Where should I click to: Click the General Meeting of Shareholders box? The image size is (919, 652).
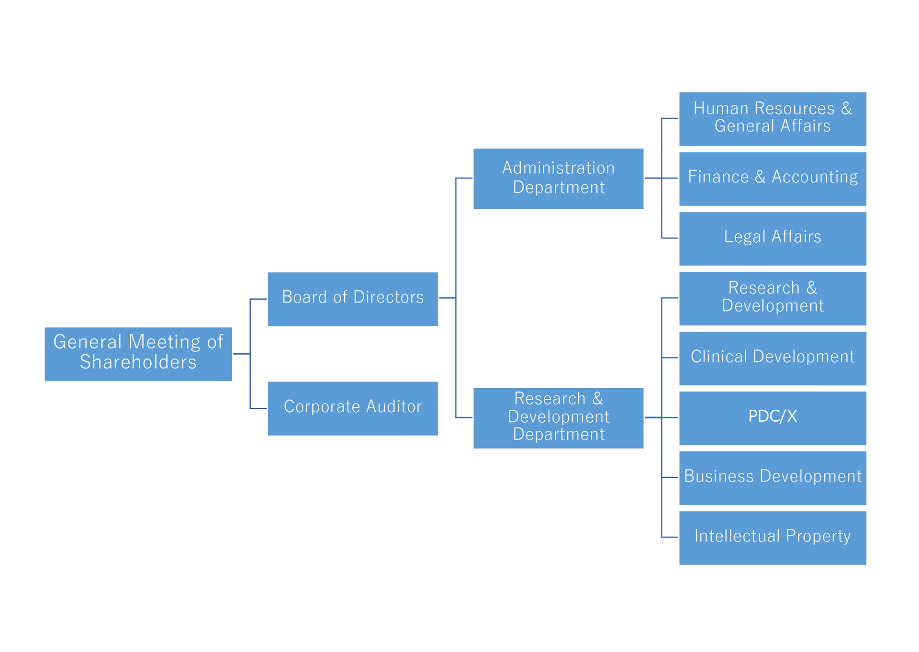pyautogui.click(x=138, y=354)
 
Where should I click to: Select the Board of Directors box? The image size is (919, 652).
pyautogui.click(x=353, y=299)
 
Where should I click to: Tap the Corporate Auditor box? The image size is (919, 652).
pyautogui.click(x=353, y=408)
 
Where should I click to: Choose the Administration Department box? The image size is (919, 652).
pyautogui.click(x=558, y=179)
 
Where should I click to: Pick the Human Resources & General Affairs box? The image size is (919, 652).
pyautogui.click(x=773, y=119)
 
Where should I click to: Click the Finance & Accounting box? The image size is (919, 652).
pyautogui.click(x=773, y=179)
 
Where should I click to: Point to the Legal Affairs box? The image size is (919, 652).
pyautogui.click(x=773, y=239)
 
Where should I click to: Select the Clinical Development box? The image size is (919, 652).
pyautogui.click(x=773, y=359)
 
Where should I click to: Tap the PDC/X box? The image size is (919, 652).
pyautogui.click(x=773, y=418)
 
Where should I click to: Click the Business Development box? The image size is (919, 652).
pyautogui.click(x=773, y=478)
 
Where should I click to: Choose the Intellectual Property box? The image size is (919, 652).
pyautogui.click(x=773, y=538)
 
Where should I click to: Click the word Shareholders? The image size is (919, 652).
pyautogui.click(x=138, y=362)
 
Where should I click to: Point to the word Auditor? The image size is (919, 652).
pyautogui.click(x=394, y=406)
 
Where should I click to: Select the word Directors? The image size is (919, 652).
pyautogui.click(x=388, y=297)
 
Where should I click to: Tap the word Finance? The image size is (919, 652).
pyautogui.click(x=718, y=177)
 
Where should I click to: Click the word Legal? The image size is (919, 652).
pyautogui.click(x=744, y=236)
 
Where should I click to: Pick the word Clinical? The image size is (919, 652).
pyautogui.click(x=718, y=357)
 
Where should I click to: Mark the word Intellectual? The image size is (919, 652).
pyautogui.click(x=737, y=536)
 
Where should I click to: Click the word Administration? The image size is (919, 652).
pyautogui.click(x=558, y=168)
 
